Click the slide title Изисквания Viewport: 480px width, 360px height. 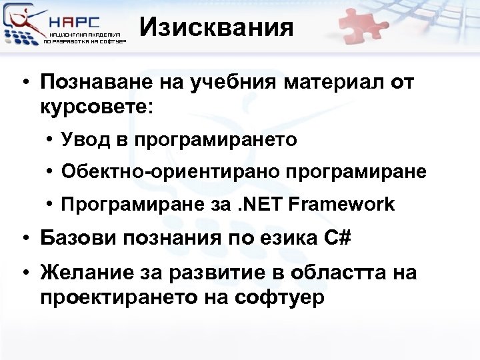pos(217,28)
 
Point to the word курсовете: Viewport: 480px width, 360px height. pos(96,107)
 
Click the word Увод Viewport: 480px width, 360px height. pos(83,139)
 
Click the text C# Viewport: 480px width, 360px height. pos(339,237)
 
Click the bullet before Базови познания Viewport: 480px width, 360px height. pos(23,237)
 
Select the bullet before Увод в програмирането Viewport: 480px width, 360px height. pos(51,140)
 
